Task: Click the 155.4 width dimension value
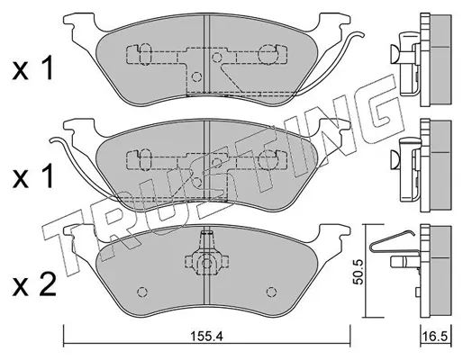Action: click(x=206, y=337)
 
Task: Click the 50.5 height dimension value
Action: click(x=359, y=272)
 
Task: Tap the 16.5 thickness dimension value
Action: click(x=436, y=337)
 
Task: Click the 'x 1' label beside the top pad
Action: click(x=33, y=69)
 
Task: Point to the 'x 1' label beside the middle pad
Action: click(x=33, y=176)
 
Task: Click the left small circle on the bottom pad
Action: click(x=142, y=292)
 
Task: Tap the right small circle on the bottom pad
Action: click(x=271, y=292)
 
